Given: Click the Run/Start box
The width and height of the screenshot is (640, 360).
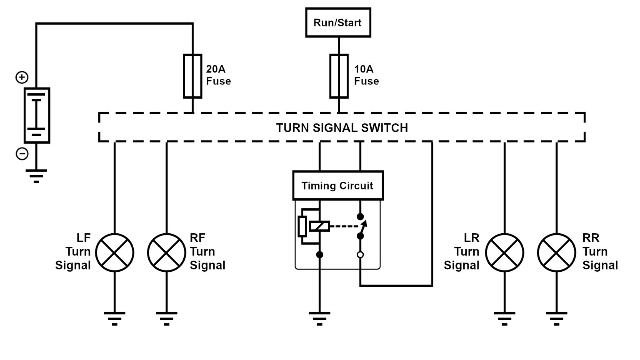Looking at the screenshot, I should click(338, 22).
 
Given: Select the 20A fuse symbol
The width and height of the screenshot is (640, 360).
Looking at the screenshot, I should click(192, 76).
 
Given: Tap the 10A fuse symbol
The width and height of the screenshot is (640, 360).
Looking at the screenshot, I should click(339, 76).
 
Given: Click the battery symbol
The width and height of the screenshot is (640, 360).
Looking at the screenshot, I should click(37, 115).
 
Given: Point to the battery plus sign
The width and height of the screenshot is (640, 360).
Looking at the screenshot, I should click(22, 77).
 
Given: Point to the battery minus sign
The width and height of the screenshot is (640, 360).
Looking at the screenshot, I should click(22, 154).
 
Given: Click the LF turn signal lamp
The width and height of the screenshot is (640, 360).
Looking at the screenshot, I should click(115, 252).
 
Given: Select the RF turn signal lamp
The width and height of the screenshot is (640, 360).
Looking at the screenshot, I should click(166, 252).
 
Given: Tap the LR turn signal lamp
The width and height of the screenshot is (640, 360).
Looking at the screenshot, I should click(505, 252).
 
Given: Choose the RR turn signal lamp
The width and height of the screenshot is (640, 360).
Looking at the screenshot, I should click(556, 252).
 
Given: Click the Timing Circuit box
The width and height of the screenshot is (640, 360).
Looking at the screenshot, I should click(337, 185).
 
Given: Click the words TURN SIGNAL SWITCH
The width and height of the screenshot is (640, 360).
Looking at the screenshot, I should click(342, 128).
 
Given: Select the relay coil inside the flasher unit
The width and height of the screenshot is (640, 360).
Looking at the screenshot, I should click(320, 226).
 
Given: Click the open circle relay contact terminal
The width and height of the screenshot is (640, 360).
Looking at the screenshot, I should click(360, 255).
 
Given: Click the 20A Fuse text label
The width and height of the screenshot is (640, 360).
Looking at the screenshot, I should click(218, 75).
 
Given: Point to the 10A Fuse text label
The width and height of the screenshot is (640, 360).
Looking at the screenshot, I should click(366, 75).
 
